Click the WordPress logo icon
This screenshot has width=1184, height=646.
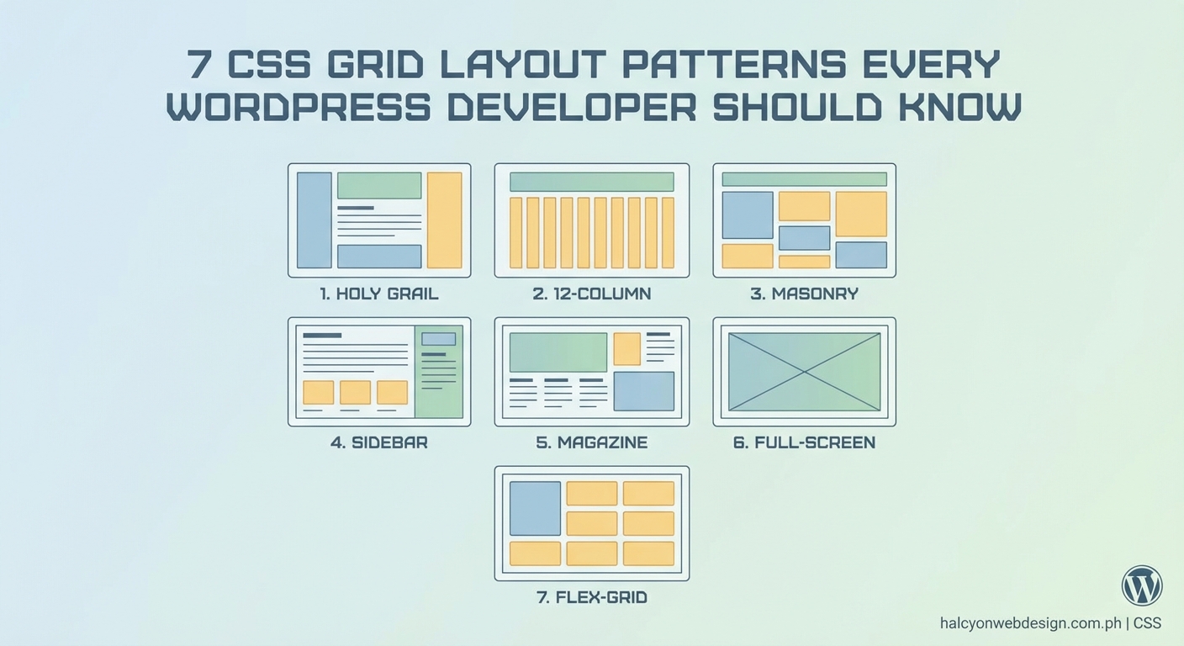click(x=1141, y=585)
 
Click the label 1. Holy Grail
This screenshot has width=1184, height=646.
click(x=378, y=294)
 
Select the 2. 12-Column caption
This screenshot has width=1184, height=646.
click(x=591, y=294)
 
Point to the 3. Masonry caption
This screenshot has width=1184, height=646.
click(x=804, y=294)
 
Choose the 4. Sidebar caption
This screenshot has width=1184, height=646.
click(x=378, y=442)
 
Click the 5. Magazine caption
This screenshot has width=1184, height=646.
click(x=591, y=442)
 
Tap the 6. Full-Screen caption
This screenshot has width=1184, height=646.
click(x=804, y=442)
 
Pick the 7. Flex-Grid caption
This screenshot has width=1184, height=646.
click(x=591, y=598)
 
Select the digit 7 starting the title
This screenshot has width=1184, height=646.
click(x=198, y=65)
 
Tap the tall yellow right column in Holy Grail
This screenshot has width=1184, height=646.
click(x=444, y=220)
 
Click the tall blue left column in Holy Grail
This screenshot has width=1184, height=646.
click(x=314, y=220)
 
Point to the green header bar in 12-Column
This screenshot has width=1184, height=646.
click(x=591, y=182)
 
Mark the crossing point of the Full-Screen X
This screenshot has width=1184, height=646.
click(x=804, y=372)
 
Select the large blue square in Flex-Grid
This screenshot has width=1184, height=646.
click(x=535, y=508)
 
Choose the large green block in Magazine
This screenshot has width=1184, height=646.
click(x=558, y=352)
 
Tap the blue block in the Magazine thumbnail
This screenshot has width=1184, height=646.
click(x=643, y=391)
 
